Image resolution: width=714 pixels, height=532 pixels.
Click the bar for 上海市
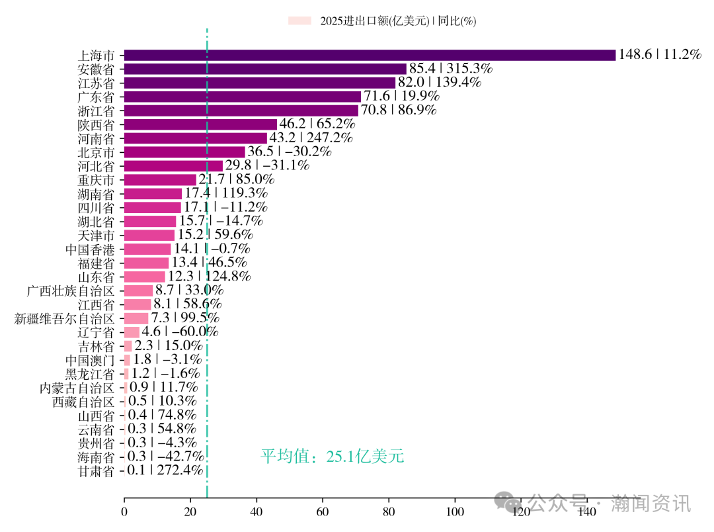pyautogui.click(x=370, y=55)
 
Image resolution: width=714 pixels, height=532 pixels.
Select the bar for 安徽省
pyautogui.click(x=265, y=69)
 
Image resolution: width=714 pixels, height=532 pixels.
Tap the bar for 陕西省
pyautogui.click(x=200, y=124)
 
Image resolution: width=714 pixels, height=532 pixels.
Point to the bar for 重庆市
pyautogui.click(x=160, y=180)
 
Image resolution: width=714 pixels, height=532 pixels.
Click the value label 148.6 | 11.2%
pyautogui.click(x=659, y=55)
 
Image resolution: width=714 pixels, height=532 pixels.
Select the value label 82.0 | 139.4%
pyautogui.click(x=440, y=83)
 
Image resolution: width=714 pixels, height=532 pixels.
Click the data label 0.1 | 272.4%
pyautogui.click(x=165, y=470)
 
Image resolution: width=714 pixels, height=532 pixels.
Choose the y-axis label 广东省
pyautogui.click(x=96, y=97)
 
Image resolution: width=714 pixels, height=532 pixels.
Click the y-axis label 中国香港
pyautogui.click(x=90, y=249)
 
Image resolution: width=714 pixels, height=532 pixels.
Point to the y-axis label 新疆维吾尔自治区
pyautogui.click(x=65, y=319)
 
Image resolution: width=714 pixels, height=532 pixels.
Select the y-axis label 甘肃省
pyautogui.click(x=96, y=471)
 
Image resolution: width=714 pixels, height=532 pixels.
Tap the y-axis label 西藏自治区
pyautogui.click(x=83, y=402)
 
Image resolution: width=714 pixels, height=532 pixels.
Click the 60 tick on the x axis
pyautogui.click(x=323, y=511)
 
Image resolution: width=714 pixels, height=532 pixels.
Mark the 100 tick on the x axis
pyautogui.click(x=455, y=511)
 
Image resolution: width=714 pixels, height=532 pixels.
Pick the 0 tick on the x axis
pyautogui.click(x=124, y=511)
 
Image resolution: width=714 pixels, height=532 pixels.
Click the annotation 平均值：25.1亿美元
pyautogui.click(x=332, y=457)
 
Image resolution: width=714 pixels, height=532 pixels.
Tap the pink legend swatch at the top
pyautogui.click(x=299, y=21)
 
